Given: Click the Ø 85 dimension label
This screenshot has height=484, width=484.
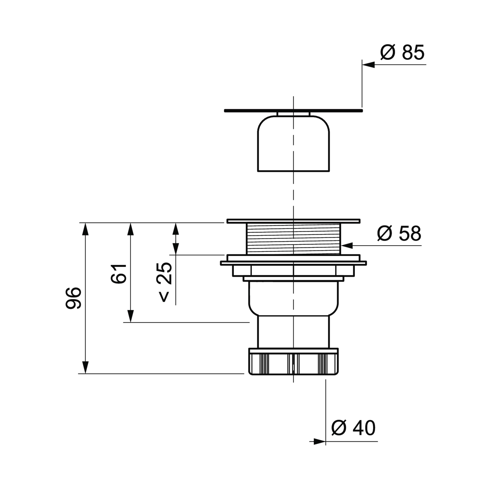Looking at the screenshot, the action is pos(402,52).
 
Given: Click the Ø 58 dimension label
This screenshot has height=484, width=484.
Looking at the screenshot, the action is pos(399,233).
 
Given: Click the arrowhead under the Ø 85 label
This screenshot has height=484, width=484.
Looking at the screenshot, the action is pos(368,65).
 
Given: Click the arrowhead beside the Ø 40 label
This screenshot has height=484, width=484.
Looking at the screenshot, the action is pos(320,442).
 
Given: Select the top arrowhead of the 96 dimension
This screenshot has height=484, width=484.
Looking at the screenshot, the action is pos(86,229).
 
